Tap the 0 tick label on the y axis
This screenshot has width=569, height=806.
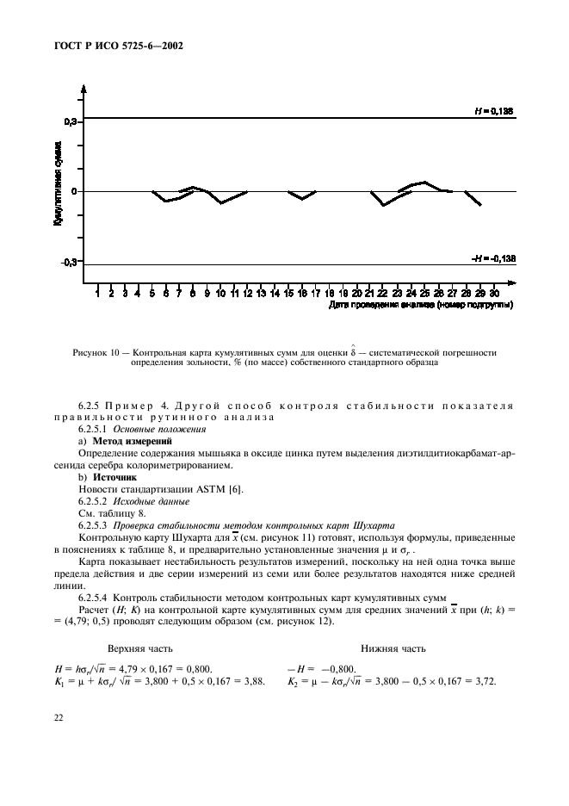point(75,192)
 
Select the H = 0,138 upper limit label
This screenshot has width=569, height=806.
point(493,111)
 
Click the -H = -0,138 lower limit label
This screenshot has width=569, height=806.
point(492,258)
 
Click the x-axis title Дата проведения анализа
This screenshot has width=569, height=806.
point(421,305)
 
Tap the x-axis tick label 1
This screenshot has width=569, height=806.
point(98,294)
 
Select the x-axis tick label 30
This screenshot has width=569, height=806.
point(493,294)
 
